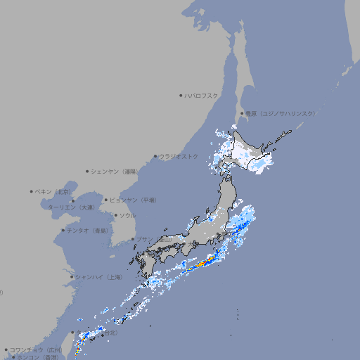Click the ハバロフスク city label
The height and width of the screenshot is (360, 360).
202,95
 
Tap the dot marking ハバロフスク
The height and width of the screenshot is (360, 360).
181,95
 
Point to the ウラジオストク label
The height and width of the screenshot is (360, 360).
179,156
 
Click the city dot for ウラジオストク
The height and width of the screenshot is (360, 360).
155,156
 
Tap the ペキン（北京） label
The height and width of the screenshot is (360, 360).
55,191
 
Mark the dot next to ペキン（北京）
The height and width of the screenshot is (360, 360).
32,191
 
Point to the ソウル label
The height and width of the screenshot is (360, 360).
127,215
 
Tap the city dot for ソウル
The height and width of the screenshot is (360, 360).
114,215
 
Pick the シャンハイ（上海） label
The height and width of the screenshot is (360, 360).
99,277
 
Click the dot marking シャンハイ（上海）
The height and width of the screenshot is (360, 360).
72,277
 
